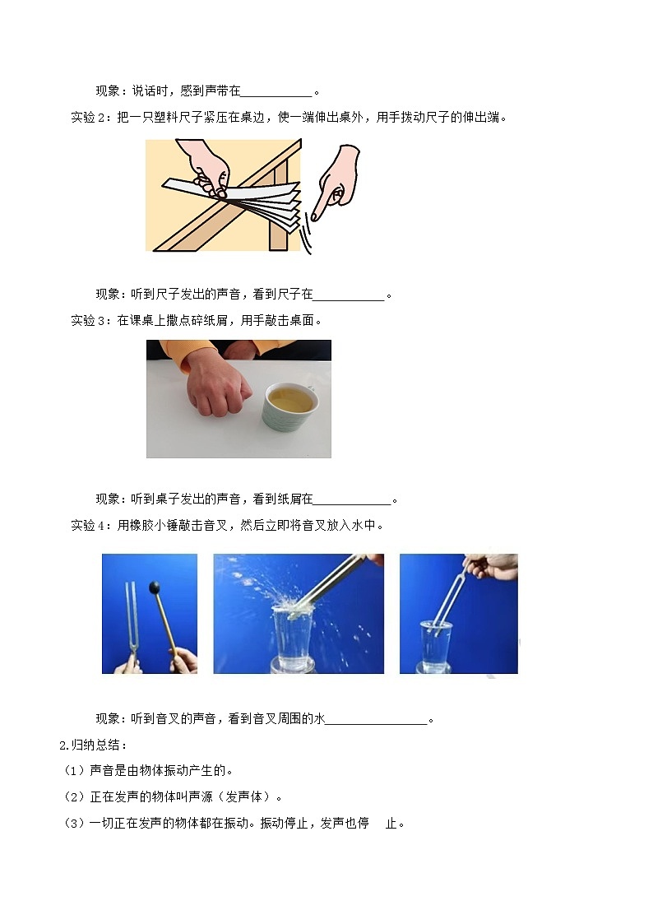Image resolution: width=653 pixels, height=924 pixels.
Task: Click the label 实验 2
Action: (x=90, y=117)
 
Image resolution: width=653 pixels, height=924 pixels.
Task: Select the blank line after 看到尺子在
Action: (x=349, y=295)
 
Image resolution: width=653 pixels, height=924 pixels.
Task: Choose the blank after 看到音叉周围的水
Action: (x=377, y=719)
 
